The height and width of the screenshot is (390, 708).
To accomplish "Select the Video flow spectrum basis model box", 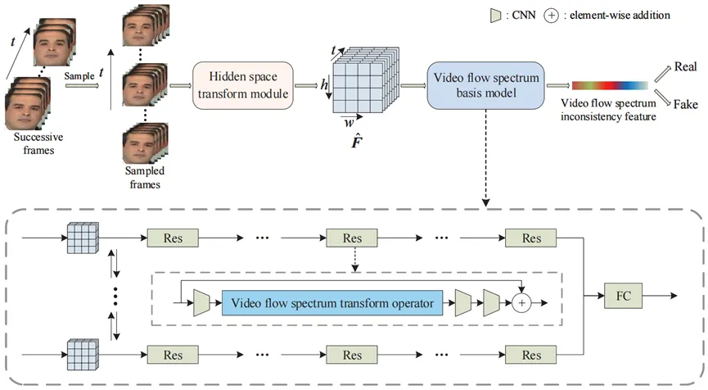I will point(479,84).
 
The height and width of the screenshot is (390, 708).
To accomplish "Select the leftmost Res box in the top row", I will point(170,238).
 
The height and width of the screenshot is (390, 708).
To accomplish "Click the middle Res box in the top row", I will point(352,238).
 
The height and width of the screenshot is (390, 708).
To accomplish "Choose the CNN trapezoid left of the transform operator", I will point(201,302).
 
